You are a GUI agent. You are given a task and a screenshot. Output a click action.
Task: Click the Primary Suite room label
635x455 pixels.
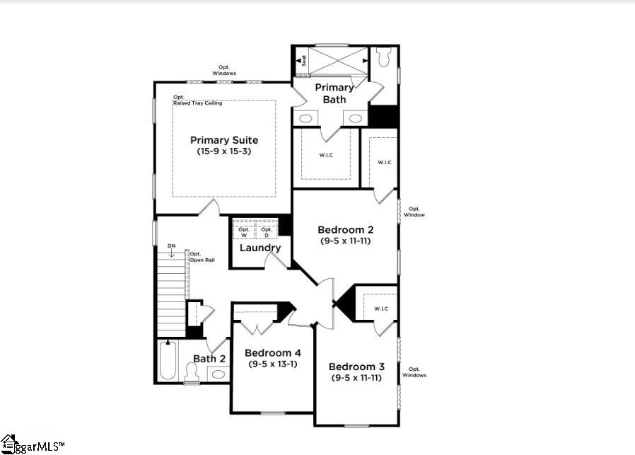[223, 140]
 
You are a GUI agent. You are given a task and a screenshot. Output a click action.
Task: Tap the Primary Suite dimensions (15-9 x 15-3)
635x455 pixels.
[223, 151]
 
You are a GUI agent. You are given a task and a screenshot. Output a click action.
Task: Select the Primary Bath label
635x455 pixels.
[334, 93]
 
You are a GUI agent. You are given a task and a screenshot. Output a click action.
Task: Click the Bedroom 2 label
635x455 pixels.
[345, 230]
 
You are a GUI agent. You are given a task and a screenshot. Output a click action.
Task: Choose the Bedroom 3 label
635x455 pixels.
[356, 367]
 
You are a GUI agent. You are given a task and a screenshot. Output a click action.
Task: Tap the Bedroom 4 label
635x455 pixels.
[272, 353]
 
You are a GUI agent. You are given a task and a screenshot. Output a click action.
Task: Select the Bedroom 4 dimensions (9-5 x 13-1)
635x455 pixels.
[272, 364]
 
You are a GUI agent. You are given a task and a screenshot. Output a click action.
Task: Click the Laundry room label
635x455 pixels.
[260, 248]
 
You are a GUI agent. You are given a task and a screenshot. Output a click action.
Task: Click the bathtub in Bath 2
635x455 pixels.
[167, 361]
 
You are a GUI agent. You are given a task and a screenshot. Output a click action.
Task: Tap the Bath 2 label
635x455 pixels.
[209, 359]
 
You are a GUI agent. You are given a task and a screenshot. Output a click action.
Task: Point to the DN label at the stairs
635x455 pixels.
[171, 247]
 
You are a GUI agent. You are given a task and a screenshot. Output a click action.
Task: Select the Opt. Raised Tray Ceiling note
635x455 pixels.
[197, 100]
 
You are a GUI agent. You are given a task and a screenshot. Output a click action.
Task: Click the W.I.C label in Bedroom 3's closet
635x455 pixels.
[380, 308]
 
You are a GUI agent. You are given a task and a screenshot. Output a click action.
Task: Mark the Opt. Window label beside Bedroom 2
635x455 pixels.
[414, 212]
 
